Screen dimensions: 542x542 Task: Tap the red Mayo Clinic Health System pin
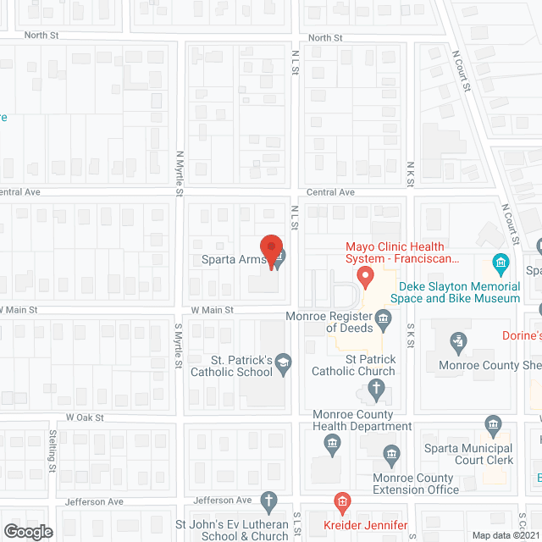tap(365, 276)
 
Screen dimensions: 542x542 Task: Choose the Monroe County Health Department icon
tap(333, 441)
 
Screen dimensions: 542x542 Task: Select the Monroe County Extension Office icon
tap(391, 453)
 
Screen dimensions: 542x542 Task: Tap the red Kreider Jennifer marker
tap(341, 503)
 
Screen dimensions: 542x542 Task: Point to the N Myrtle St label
tap(180, 174)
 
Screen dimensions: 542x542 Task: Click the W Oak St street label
tap(85, 418)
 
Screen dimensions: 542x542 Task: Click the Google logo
tap(28, 531)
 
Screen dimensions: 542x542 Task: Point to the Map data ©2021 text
tap(505, 534)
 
